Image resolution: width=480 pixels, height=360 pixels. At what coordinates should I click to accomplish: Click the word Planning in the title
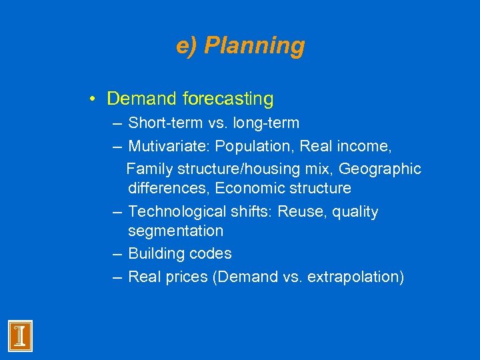(x=254, y=46)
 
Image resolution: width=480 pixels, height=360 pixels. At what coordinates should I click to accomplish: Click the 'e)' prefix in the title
(x=187, y=46)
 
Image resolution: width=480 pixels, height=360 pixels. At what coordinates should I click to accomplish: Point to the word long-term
(x=267, y=123)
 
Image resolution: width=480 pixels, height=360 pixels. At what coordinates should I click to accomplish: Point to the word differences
(x=169, y=188)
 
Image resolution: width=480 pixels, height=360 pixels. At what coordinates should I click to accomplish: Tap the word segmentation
(x=175, y=231)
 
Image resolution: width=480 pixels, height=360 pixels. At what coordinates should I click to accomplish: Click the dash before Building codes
(x=117, y=254)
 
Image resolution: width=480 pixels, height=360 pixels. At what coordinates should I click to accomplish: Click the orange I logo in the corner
(x=20, y=335)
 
